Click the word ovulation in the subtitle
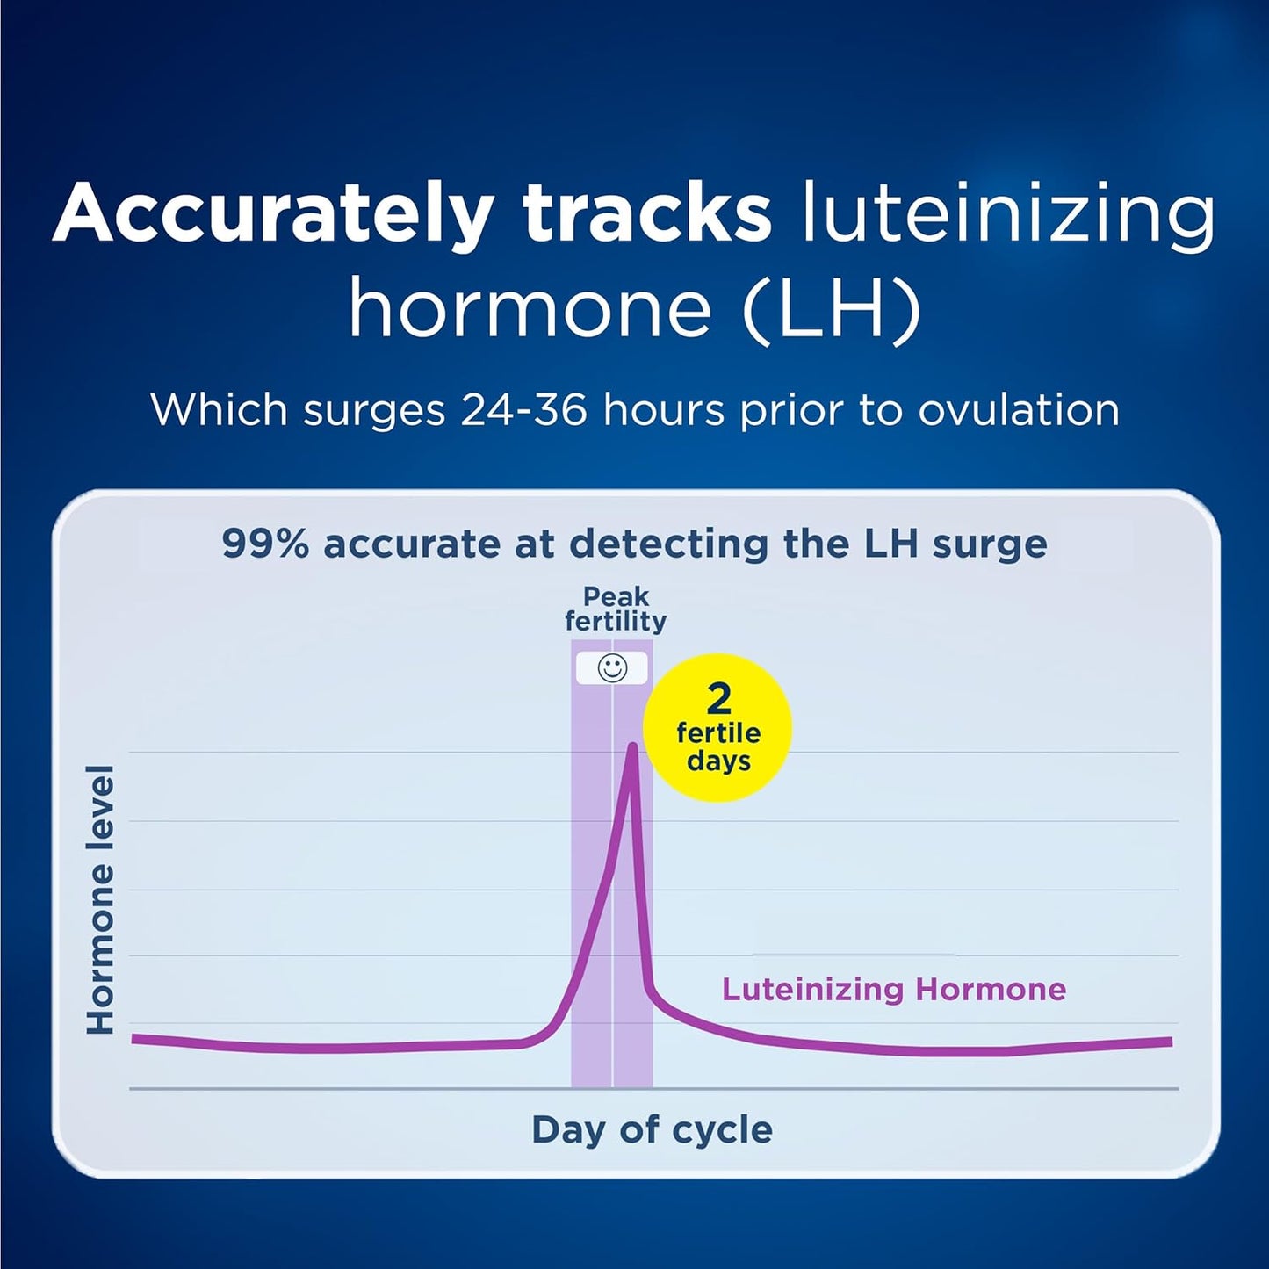1019,410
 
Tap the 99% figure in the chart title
264,544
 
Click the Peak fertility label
616,609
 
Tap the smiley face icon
612,668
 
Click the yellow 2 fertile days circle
717,728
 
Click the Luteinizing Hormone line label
893,990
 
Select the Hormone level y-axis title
100,899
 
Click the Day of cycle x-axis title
652,1129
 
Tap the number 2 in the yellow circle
718,699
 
